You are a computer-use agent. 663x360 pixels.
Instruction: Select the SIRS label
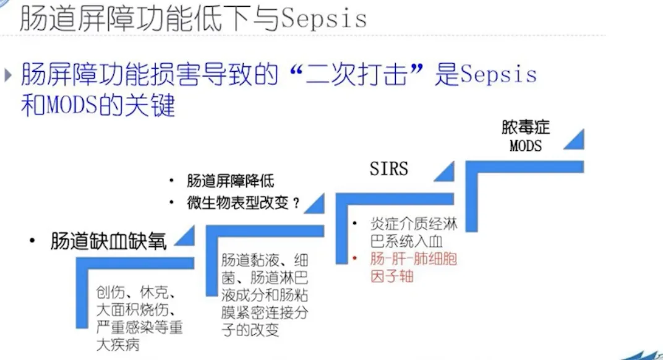tap(389, 168)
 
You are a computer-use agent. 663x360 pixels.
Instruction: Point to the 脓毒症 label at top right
tap(526, 128)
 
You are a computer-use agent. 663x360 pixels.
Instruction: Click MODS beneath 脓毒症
tap(526, 146)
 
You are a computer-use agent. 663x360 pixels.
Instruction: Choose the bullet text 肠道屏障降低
tap(230, 181)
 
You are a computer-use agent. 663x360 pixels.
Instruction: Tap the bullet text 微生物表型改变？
tap(243, 202)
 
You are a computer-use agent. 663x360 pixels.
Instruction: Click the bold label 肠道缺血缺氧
tap(109, 241)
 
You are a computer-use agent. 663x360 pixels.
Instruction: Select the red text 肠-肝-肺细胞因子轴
tap(413, 267)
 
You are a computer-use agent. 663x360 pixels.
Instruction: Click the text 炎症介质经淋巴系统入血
tap(413, 233)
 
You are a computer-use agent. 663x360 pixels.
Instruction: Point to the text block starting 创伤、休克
tap(139, 318)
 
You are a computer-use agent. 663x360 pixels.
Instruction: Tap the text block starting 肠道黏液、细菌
tap(265, 294)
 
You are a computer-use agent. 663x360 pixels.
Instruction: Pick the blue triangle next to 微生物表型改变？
tap(316, 203)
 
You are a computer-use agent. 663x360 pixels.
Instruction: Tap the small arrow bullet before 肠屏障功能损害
tap(8, 75)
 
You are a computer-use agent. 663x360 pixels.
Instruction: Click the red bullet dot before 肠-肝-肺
tap(354, 257)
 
